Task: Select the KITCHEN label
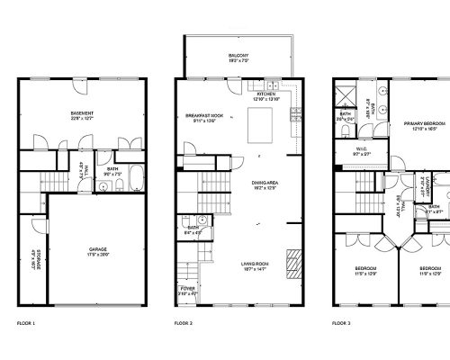(x=265, y=94)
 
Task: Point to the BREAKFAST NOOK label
(x=203, y=115)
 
